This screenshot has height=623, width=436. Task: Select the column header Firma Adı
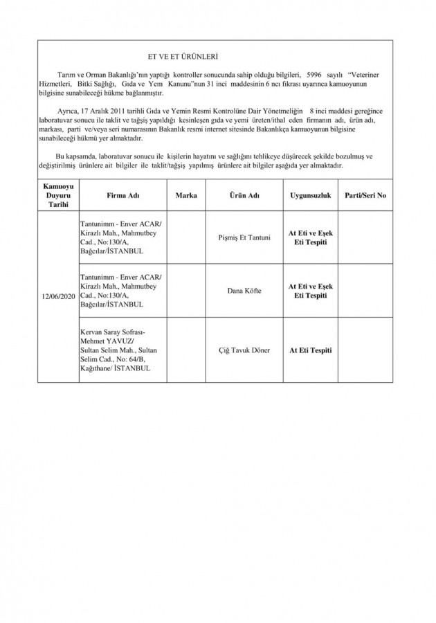pyautogui.click(x=123, y=196)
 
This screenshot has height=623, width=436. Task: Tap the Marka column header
pyautogui.click(x=186, y=196)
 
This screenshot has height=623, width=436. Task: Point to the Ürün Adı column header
pyautogui.click(x=244, y=196)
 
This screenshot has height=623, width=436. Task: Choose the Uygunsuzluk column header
pyautogui.click(x=311, y=196)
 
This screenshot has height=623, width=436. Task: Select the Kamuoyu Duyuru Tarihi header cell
pyautogui.click(x=59, y=196)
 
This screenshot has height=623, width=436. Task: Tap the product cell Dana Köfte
pyautogui.click(x=244, y=291)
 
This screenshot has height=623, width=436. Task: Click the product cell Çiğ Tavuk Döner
pyautogui.click(x=244, y=351)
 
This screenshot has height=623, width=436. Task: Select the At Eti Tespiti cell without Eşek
pyautogui.click(x=311, y=351)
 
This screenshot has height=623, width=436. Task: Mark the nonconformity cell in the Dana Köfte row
pyautogui.click(x=311, y=291)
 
